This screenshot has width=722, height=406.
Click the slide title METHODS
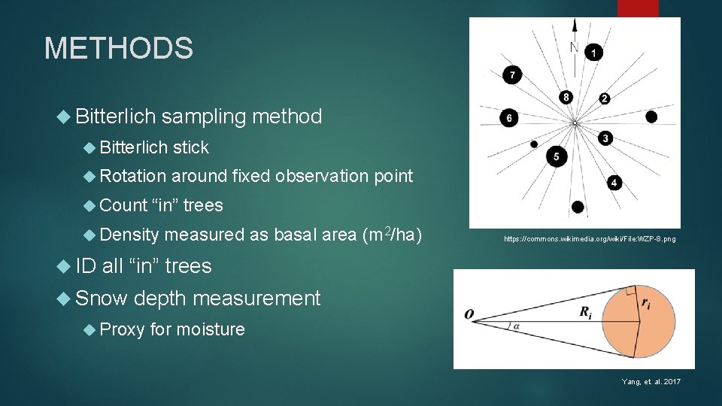point(119,49)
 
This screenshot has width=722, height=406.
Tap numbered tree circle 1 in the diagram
point(594,52)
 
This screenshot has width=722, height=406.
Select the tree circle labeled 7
point(512,74)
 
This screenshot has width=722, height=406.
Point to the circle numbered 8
point(566,97)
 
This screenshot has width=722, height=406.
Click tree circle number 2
point(604,98)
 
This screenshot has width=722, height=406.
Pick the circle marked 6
point(510,118)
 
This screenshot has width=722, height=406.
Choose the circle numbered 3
point(605,138)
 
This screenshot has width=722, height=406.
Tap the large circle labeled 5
point(557,156)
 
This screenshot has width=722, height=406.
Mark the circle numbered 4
point(614,183)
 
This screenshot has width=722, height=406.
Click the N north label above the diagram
point(573,47)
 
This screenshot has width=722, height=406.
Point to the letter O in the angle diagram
point(469,314)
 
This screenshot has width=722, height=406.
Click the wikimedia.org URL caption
point(590,239)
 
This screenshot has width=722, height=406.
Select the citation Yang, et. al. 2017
point(651,382)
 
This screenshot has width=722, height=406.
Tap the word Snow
point(102,298)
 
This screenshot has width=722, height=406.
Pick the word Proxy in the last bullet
point(122,329)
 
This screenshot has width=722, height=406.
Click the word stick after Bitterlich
point(191,147)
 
